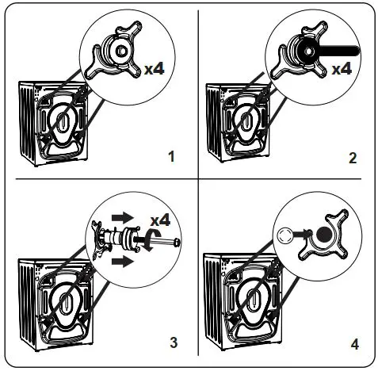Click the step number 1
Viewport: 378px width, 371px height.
pos(170,155)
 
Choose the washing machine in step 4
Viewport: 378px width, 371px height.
pos(238,305)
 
